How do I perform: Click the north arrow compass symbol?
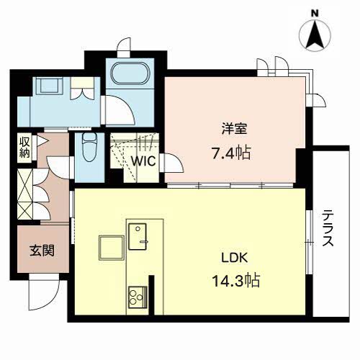pos(315,35)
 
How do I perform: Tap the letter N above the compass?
pos(315,14)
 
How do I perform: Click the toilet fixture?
pos(89,147)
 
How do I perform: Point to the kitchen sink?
pos(138,237)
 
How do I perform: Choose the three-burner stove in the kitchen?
pos(138,297)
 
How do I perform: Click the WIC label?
pos(144,161)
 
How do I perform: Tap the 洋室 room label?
pos(234,129)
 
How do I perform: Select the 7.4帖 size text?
pos(231,153)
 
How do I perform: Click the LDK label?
pos(234,258)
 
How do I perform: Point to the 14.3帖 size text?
pos(236,281)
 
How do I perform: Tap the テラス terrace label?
pos(328,228)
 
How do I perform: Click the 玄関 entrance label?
pos(42,251)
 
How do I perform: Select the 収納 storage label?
pos(24,147)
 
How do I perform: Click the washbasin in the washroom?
pos(49,85)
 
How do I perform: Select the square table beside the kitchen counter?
pos(112,248)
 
